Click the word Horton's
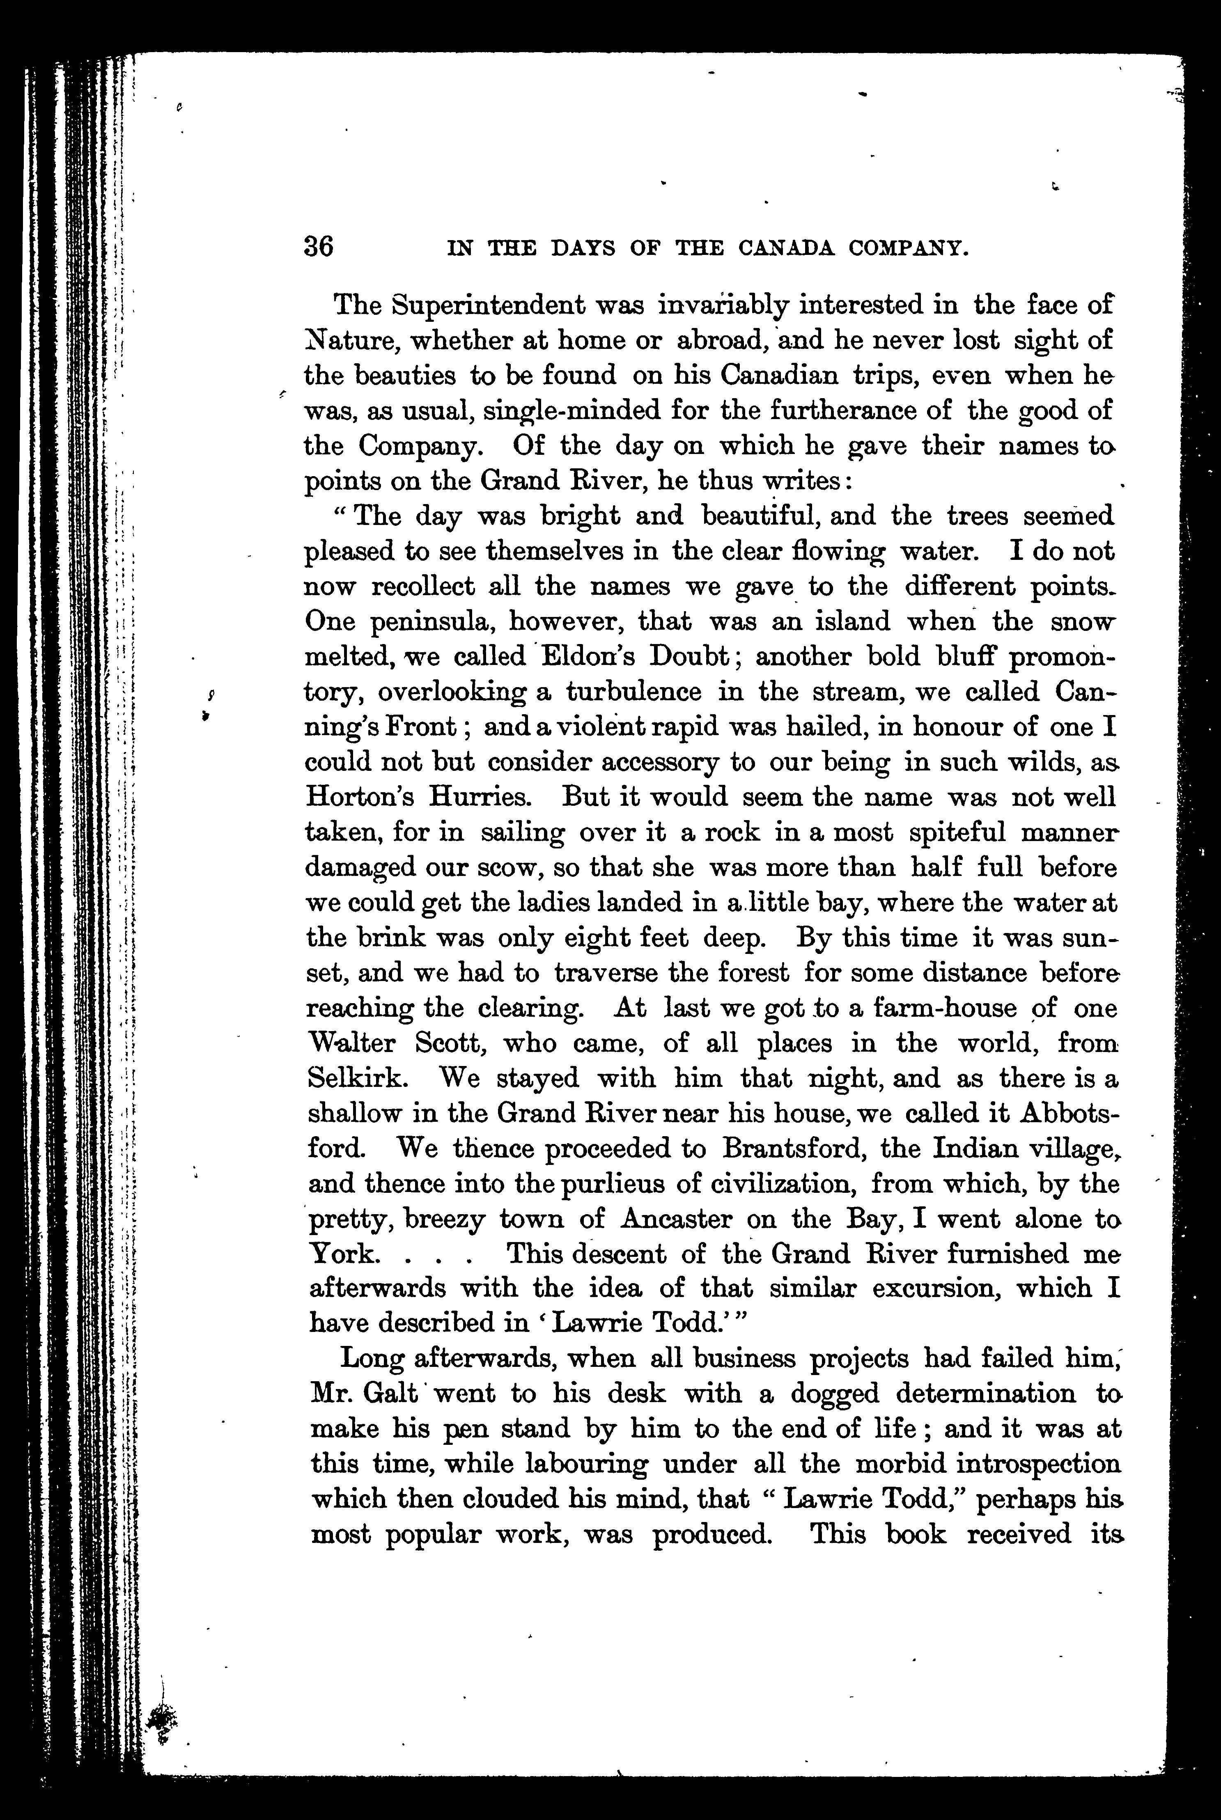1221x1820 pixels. (360, 797)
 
